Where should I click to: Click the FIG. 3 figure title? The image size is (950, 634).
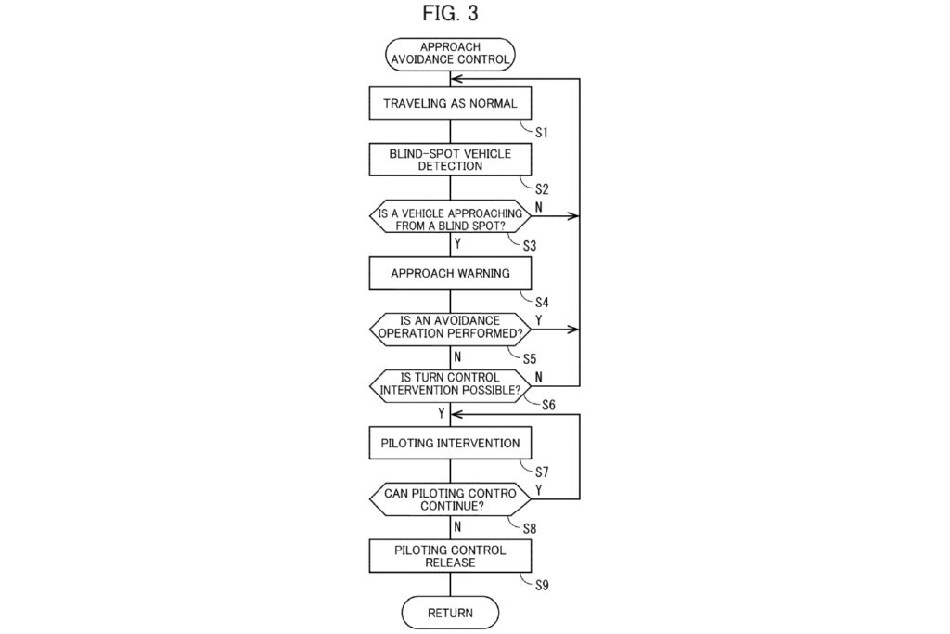[x=450, y=13]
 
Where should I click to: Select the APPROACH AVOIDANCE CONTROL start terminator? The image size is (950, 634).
[x=450, y=54]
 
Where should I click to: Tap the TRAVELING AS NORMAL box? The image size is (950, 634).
[x=450, y=103]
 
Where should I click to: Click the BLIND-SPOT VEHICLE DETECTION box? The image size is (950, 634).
[x=450, y=160]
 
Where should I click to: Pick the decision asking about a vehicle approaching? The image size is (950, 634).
[x=450, y=217]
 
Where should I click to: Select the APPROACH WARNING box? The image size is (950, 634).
[x=450, y=274]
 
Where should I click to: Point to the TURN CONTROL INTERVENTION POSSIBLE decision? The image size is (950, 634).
[x=450, y=384]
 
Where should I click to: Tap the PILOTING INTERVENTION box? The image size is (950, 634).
[x=450, y=443]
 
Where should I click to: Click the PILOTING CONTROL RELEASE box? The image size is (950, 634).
[x=450, y=556]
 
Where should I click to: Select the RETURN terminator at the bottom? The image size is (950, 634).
[x=450, y=613]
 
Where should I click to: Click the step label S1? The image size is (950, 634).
[x=541, y=132]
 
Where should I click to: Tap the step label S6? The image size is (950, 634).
[x=547, y=405]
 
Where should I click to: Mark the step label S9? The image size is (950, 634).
[x=543, y=585]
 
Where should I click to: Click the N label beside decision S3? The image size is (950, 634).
[x=539, y=206]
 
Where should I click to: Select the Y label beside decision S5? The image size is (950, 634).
[x=539, y=319]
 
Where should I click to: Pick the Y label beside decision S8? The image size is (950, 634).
[x=539, y=488]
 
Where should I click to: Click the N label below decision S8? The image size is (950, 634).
[x=457, y=526]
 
